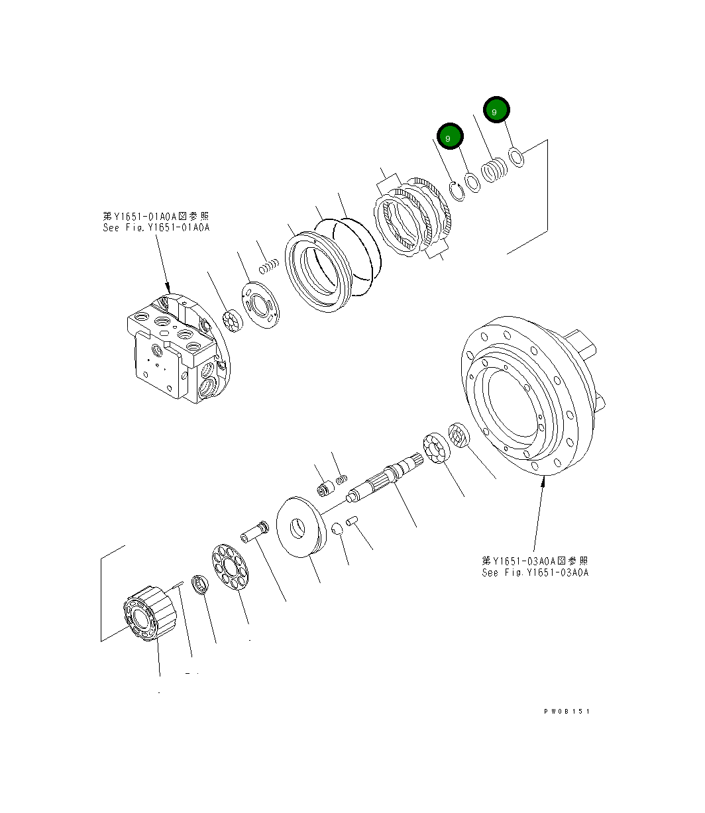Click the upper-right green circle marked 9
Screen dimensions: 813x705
(496, 111)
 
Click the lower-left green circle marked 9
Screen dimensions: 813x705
(449, 137)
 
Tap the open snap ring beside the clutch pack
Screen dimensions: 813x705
(455, 190)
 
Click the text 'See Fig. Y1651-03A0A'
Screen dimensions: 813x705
(535, 573)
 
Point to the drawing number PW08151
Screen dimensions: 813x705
(566, 712)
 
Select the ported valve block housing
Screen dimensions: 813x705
(172, 351)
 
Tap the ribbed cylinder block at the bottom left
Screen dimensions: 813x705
(150, 613)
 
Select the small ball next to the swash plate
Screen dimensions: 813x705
(337, 528)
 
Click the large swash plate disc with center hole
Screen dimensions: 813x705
(300, 526)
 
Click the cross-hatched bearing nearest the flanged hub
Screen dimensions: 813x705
(459, 435)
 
